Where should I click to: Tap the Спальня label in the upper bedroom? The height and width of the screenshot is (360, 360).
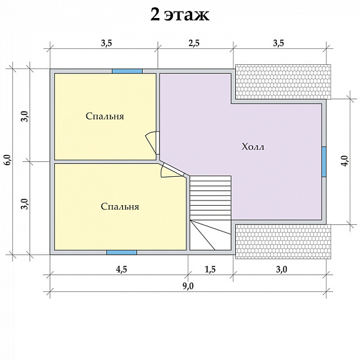[x=105, y=116]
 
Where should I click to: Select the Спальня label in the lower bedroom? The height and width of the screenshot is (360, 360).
[x=120, y=207]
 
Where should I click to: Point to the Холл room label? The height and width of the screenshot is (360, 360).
[x=253, y=147]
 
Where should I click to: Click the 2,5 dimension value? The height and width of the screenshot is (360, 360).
[x=194, y=43]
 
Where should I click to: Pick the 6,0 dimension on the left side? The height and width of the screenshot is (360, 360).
[x=7, y=161]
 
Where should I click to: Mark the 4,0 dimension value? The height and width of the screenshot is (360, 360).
[x=345, y=161]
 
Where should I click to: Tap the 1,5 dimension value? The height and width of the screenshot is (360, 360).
[x=210, y=270]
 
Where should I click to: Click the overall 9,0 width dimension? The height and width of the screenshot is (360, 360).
[x=188, y=287]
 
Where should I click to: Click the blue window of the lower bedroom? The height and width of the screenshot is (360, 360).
[x=121, y=252]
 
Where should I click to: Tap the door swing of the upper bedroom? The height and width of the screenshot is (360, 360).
[x=152, y=141]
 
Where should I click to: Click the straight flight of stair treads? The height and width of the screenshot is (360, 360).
[x=211, y=198]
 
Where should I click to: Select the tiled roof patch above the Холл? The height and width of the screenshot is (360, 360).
[x=283, y=81]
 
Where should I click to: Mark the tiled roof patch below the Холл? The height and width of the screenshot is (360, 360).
[x=283, y=241]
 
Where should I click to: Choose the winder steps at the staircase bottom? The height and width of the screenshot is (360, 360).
[x=210, y=235]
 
